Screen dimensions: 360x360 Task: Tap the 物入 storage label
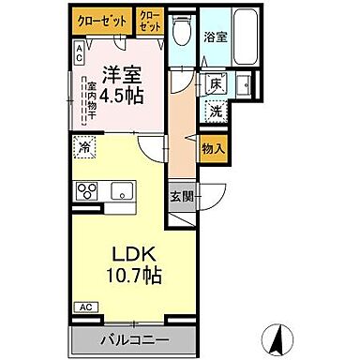[213, 147]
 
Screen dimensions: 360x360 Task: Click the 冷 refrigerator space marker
[85, 146]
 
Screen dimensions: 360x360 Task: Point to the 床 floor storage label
[214, 83]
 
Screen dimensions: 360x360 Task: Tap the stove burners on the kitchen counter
[87, 191]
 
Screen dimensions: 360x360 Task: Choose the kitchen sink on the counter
[122, 191]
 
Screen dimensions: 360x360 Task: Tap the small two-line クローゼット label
[149, 22]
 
